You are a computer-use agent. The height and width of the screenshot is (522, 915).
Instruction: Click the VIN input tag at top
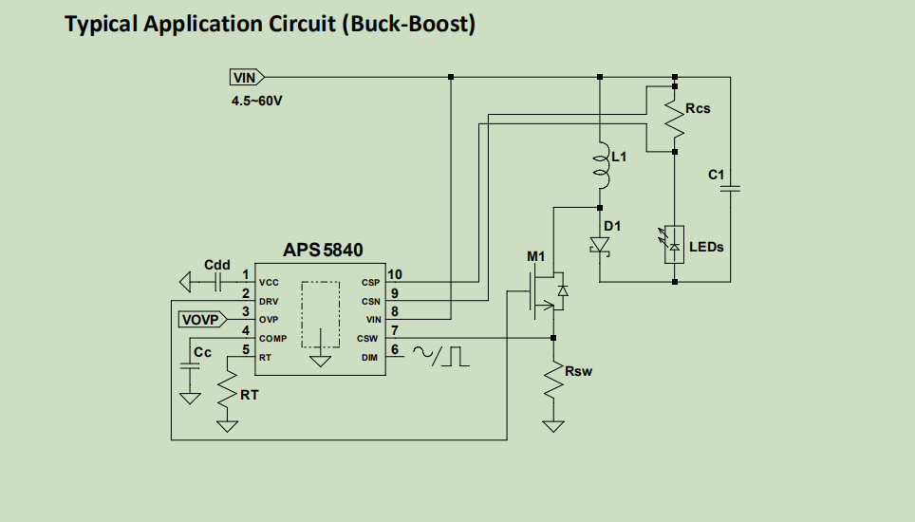[x=246, y=78]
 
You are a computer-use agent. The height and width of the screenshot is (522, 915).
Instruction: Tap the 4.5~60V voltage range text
[x=256, y=100]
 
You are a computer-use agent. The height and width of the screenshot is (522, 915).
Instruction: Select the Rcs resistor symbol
[x=675, y=119]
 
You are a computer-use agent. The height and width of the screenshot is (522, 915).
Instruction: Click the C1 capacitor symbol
[x=731, y=189]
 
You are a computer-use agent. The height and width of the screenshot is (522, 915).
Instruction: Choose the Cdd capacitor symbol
[x=217, y=282]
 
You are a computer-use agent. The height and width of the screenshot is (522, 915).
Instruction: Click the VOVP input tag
[x=199, y=320]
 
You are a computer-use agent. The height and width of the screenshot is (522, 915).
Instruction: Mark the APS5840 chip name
[x=323, y=251]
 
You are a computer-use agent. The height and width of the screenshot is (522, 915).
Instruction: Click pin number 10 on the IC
[x=396, y=274]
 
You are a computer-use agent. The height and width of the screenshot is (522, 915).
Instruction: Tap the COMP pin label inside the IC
[x=272, y=339]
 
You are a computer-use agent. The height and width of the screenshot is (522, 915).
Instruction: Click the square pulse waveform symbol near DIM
[x=458, y=356]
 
